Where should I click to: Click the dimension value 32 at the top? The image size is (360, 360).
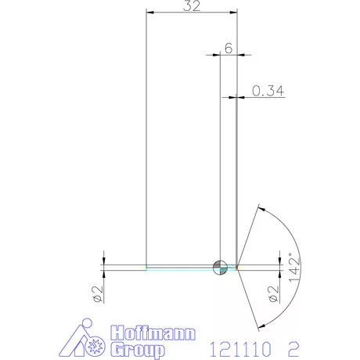point(192,6)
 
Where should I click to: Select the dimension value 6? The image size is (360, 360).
point(228,47)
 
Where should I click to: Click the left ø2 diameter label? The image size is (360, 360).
point(96,293)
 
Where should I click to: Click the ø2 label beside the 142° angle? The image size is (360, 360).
point(273,293)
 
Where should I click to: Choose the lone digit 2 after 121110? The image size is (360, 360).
point(291,344)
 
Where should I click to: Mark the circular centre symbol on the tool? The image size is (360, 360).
point(221,267)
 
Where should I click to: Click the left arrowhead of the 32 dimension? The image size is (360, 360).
point(151,13)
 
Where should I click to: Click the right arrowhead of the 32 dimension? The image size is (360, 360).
point(232,13)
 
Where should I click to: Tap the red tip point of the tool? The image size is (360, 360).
point(237,267)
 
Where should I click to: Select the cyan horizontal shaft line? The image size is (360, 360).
point(180,268)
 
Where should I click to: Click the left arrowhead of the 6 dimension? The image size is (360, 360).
point(215,56)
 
